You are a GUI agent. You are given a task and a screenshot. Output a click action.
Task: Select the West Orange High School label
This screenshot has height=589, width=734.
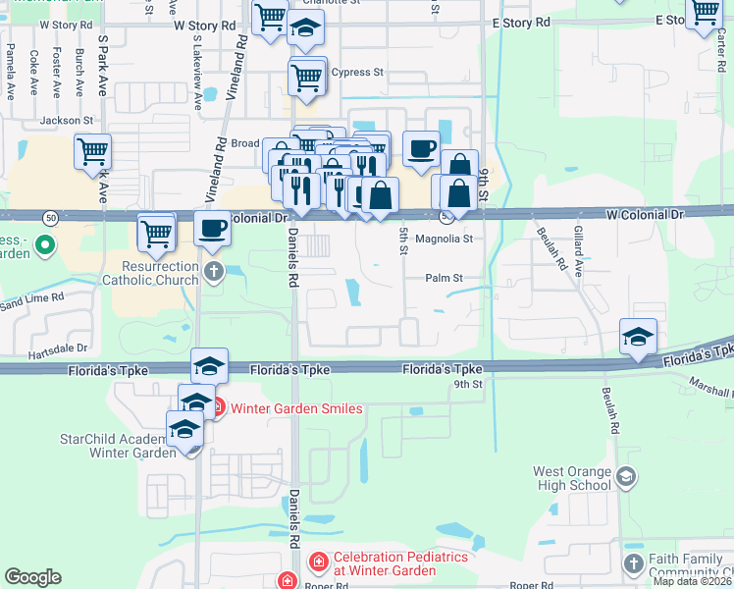(572, 478)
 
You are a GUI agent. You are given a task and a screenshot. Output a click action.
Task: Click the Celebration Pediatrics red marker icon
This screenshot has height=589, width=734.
(319, 562)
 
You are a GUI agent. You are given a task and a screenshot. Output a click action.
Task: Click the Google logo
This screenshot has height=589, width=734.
(33, 577)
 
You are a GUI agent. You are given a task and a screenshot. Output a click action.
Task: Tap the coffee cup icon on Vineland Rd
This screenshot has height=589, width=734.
(213, 229)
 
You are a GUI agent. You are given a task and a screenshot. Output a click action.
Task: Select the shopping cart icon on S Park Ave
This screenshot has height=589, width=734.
(92, 152)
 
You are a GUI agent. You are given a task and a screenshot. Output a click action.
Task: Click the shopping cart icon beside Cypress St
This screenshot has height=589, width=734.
(307, 76)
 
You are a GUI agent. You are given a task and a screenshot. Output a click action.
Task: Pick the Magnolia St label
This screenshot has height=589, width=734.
(445, 239)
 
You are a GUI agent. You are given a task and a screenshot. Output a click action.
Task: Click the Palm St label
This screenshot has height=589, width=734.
(444, 278)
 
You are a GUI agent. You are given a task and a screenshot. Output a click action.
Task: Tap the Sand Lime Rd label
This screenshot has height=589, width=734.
(32, 296)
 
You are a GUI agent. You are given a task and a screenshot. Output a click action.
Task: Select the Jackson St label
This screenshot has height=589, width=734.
(66, 121)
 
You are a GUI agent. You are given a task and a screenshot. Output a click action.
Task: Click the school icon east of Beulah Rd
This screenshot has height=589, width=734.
(638, 337)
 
